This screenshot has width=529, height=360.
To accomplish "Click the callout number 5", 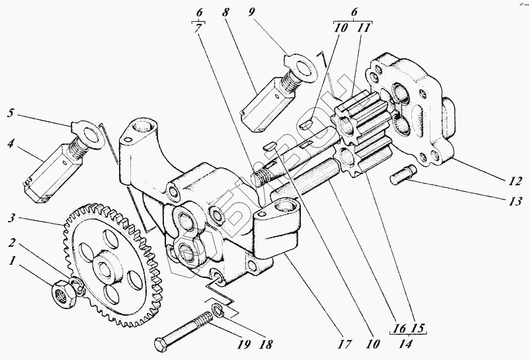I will tap(11, 112).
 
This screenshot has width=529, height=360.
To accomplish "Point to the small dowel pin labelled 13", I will tap(401, 175).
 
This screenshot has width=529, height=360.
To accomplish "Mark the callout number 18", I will tap(266, 345).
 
